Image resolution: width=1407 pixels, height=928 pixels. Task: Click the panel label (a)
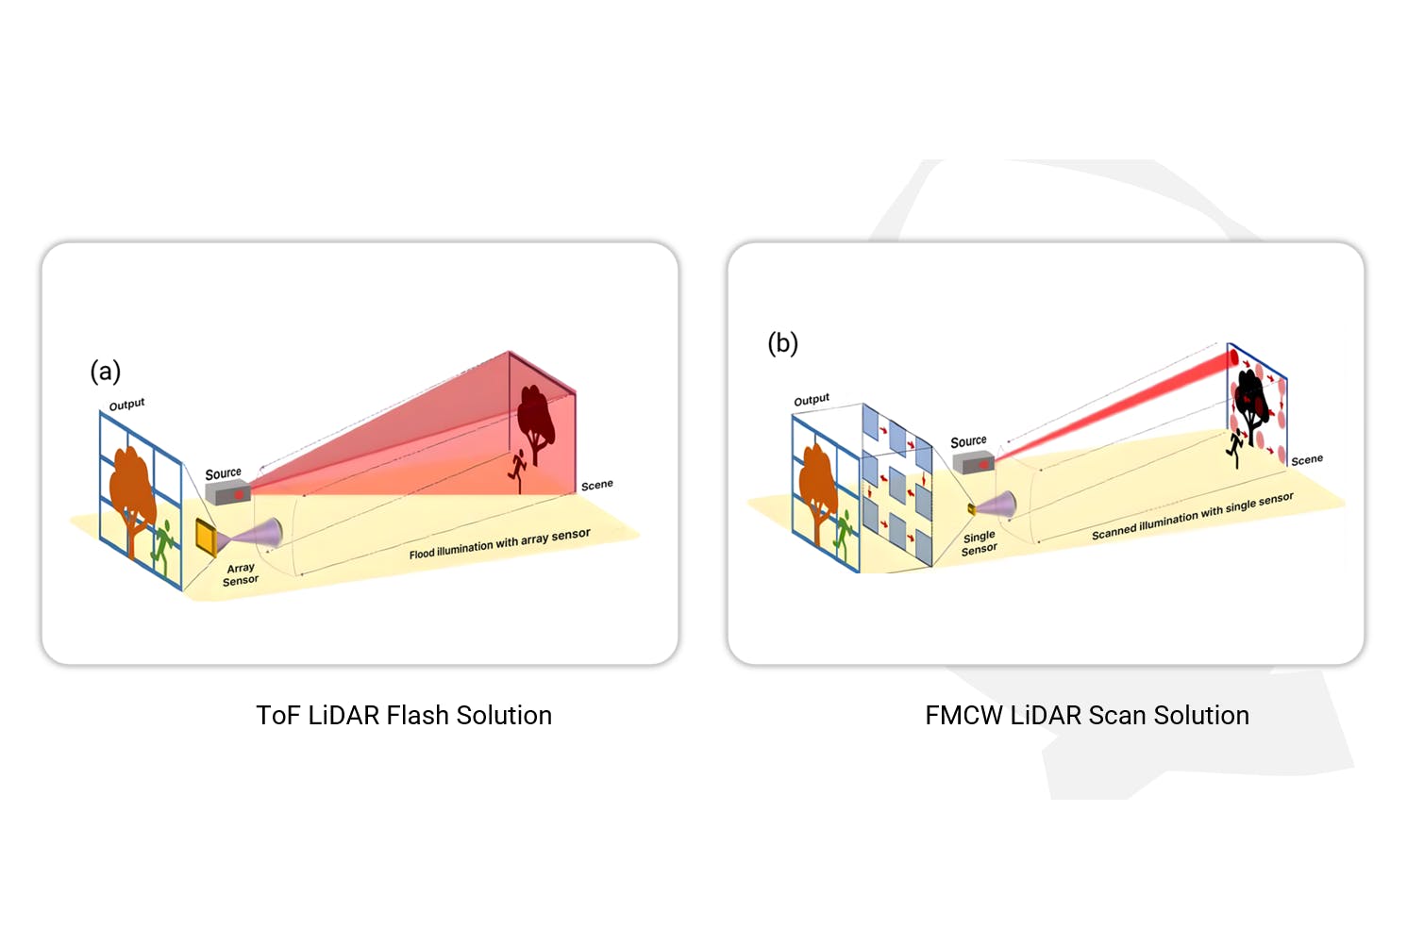click(106, 371)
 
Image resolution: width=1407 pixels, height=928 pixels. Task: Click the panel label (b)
click(782, 343)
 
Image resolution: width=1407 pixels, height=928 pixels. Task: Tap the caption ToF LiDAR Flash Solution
click(404, 716)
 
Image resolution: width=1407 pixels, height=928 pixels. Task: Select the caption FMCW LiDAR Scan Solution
click(1087, 716)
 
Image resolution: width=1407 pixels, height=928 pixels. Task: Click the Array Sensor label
click(241, 574)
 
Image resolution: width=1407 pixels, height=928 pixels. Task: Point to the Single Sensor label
click(979, 542)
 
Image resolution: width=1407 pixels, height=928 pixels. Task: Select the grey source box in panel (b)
click(972, 462)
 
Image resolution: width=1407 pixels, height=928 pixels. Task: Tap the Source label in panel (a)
click(224, 473)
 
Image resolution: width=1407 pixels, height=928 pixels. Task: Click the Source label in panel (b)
click(968, 441)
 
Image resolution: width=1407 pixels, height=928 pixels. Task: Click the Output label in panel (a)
click(126, 405)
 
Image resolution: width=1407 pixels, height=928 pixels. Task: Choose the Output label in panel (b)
click(812, 400)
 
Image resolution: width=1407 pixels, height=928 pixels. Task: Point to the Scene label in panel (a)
click(596, 485)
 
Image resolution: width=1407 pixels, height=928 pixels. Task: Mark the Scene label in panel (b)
click(1307, 460)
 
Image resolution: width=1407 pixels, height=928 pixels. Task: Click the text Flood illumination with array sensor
click(499, 544)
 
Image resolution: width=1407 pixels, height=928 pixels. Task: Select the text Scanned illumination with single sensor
click(1192, 517)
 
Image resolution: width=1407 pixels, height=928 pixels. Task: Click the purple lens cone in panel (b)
click(998, 505)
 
